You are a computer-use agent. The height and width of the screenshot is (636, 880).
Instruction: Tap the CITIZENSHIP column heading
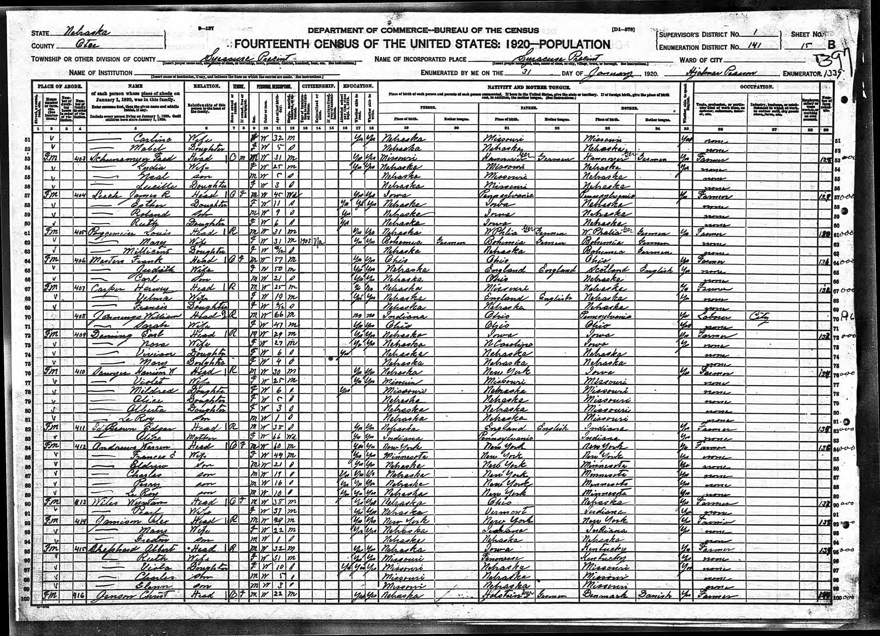[x=318, y=86]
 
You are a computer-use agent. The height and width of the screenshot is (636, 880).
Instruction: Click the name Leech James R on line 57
[x=130, y=195]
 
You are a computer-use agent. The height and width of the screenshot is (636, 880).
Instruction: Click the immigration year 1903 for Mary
[x=305, y=241]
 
